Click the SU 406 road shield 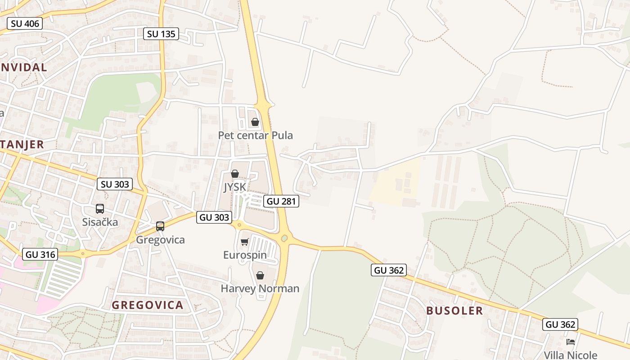coord(25,23)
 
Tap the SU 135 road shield coord(161,34)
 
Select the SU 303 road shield coord(115,184)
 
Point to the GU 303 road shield coord(214,217)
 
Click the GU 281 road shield coord(281,201)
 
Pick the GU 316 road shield coord(40,254)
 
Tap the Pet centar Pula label coord(255,135)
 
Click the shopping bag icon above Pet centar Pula coord(255,122)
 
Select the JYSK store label coord(235,187)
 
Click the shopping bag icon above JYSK coord(235,174)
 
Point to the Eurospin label coord(245,255)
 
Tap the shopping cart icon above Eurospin coord(245,242)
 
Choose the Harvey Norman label coord(260,288)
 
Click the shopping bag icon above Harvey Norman coord(260,275)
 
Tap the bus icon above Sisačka coord(100,209)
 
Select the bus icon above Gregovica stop coord(160,226)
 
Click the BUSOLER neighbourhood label coord(454,310)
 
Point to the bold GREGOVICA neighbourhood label coord(148,305)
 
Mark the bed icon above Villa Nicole coord(571,342)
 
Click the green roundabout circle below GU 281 coord(284,238)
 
